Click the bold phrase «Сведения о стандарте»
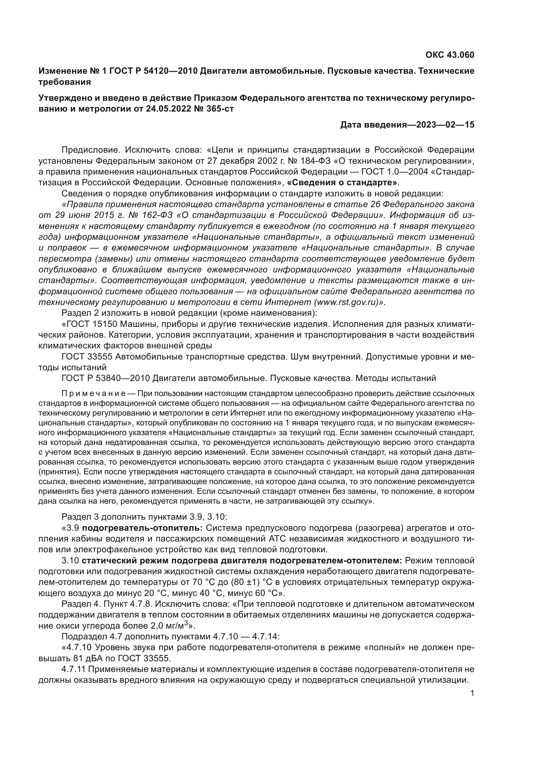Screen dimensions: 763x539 [342, 182]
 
